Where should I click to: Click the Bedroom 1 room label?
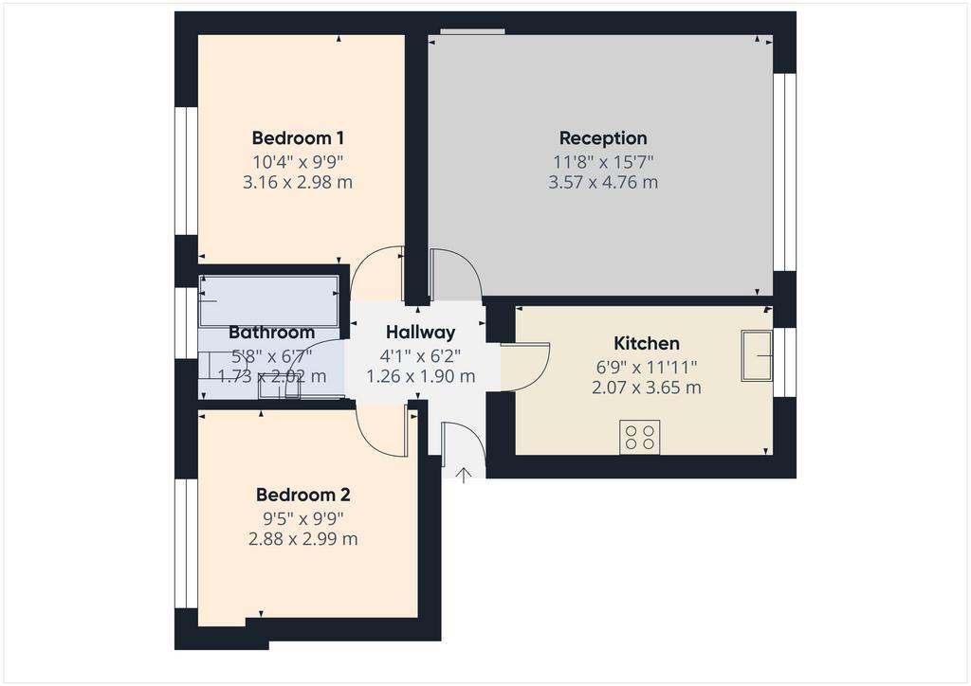pyautogui.click(x=298, y=137)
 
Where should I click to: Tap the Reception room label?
pyautogui.click(x=603, y=138)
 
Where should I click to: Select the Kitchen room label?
pyautogui.click(x=647, y=343)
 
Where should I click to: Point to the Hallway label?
pyautogui.click(x=420, y=333)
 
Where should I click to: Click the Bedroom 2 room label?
pyautogui.click(x=302, y=495)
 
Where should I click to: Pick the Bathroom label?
pyautogui.click(x=272, y=333)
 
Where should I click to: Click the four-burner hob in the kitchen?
pyautogui.click(x=640, y=438)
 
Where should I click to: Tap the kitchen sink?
pyautogui.click(x=757, y=355)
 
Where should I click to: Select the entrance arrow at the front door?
pyautogui.click(x=463, y=475)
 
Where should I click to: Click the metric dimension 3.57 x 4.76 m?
pyautogui.click(x=603, y=183)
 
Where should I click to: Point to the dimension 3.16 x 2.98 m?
pyautogui.click(x=298, y=183)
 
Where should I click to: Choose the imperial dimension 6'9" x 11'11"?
pyautogui.click(x=647, y=368)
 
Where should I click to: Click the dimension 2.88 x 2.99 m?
pyautogui.click(x=302, y=539)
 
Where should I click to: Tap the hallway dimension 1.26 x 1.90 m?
pyautogui.click(x=420, y=376)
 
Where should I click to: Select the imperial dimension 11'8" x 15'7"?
pyautogui.click(x=603, y=162)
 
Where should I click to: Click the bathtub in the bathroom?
pyautogui.click(x=268, y=301)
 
